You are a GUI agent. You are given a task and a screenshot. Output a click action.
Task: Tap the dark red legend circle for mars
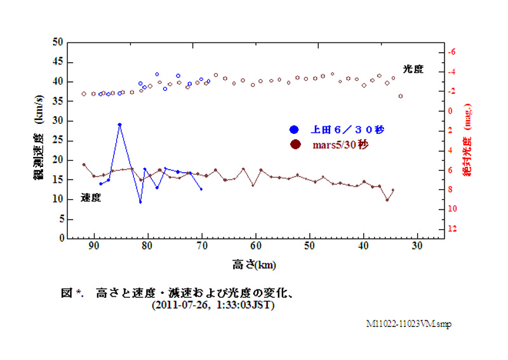click(x=295, y=145)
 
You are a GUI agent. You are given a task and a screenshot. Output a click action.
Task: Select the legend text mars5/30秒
click(x=337, y=145)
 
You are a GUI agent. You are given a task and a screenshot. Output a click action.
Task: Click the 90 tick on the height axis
click(x=94, y=246)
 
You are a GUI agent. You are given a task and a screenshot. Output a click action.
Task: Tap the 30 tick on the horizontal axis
click(x=417, y=246)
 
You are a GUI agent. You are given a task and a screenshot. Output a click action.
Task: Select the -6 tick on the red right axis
click(x=451, y=52)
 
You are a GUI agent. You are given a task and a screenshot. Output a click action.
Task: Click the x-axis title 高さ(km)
click(x=254, y=263)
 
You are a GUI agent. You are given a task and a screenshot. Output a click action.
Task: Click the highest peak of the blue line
click(x=119, y=124)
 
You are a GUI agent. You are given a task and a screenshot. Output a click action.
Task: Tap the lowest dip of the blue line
click(x=140, y=202)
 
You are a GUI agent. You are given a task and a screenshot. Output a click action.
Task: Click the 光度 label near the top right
click(x=413, y=69)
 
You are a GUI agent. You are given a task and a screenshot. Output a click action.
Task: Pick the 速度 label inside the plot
click(x=91, y=197)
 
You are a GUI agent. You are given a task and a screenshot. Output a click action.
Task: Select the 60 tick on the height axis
click(x=255, y=246)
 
